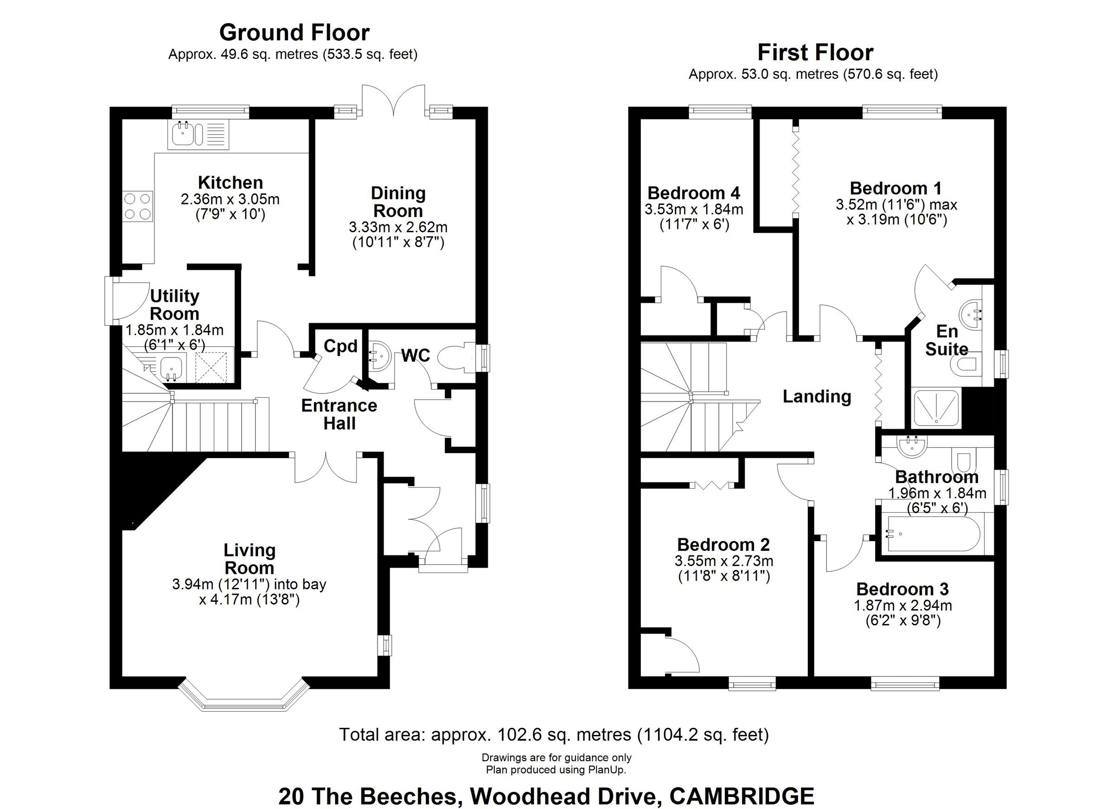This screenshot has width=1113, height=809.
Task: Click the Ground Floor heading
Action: [294, 33]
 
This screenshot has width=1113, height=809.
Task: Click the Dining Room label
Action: [398, 202]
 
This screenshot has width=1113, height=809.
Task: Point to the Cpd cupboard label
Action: [340, 346]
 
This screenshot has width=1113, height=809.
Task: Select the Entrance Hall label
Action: [339, 414]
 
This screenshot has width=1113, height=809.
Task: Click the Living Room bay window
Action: [244, 697]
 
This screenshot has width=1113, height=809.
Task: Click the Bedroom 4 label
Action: [693, 193]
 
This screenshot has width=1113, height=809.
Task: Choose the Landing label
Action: [817, 396]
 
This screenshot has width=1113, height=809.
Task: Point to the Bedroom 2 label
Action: [723, 545]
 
